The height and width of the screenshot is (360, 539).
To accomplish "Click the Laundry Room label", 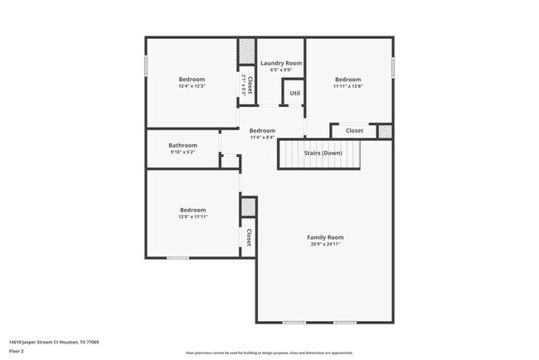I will pos(281,63).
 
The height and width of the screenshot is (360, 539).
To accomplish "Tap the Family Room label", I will pos(325,237).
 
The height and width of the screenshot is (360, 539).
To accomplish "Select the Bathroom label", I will pos(182,145).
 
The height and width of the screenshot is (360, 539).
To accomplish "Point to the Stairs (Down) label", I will pos(322,153).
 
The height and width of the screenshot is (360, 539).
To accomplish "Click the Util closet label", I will pos(294,93).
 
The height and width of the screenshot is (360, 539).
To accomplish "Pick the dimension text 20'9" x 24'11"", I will pos(325,245).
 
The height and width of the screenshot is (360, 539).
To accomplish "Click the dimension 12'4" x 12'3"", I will pos(192,86).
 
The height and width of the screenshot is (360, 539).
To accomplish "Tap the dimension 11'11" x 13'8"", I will pos(348,86).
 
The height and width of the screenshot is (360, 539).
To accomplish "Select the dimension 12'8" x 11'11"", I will pos(192,216).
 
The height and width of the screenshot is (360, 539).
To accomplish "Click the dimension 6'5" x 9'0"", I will pos(281,71).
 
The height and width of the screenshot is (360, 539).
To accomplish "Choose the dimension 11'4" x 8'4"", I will pos(262,138).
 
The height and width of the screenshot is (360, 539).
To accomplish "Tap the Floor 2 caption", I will pos(17,351).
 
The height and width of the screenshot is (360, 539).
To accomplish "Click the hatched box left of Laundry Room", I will pos(247,51).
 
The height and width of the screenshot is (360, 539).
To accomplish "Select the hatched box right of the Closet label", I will pos(384,131).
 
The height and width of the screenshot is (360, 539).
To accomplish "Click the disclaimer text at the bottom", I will pos(269,353).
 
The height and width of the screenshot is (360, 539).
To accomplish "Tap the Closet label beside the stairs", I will pos(354,130).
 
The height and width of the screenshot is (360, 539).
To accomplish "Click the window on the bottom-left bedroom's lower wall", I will pos(177,258).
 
